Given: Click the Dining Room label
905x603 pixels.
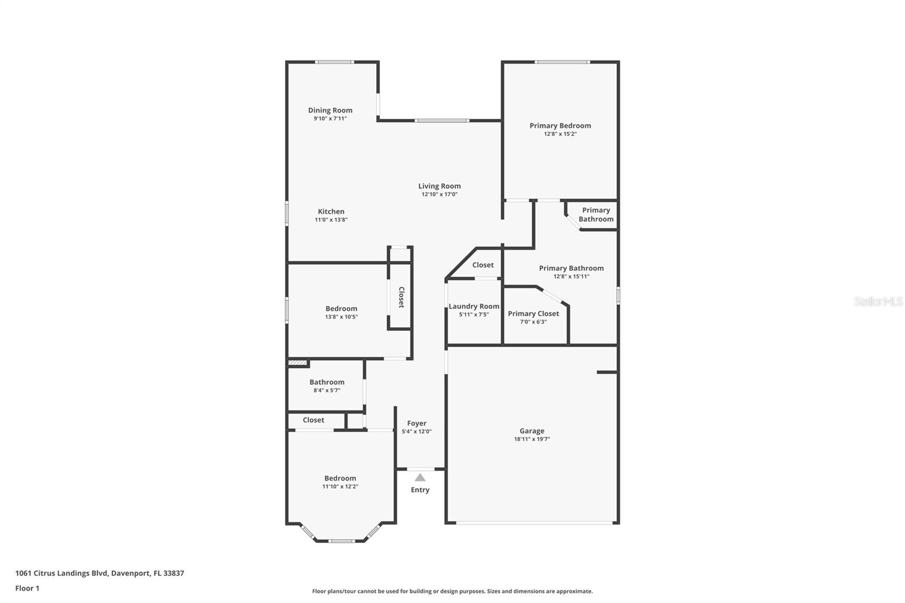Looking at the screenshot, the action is click(x=330, y=110).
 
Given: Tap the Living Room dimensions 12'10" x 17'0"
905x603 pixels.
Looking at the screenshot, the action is click(x=439, y=195).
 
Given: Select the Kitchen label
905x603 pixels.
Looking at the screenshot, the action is click(x=331, y=212).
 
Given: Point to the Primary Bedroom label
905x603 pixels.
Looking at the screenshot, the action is click(x=560, y=126).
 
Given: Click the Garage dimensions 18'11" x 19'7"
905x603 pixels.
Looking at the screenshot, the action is click(x=532, y=440).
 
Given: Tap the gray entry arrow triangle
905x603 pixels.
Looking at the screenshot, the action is click(x=420, y=478).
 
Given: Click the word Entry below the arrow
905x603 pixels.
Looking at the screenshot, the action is click(x=420, y=490).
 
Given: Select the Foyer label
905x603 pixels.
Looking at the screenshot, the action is click(x=416, y=423).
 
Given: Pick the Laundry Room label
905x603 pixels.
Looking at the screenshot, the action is click(x=474, y=307).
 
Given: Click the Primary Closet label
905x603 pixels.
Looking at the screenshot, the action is click(x=533, y=313).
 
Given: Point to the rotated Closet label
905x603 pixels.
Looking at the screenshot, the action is click(x=401, y=298).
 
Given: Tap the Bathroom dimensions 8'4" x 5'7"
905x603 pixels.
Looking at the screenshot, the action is click(x=327, y=390).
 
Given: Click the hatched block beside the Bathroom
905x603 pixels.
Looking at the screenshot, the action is click(x=298, y=363).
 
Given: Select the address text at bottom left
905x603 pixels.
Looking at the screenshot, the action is click(x=100, y=573).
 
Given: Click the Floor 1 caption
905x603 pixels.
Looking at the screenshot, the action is click(x=28, y=588).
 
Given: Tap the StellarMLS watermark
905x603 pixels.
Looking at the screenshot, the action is click(x=878, y=301).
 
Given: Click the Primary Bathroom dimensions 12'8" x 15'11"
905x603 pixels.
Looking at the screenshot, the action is click(x=571, y=277).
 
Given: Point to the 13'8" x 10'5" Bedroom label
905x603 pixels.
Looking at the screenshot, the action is click(x=342, y=309).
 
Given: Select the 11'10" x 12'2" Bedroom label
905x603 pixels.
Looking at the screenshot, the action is click(x=340, y=479).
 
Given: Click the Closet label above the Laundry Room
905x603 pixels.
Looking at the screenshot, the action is click(x=483, y=265).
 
